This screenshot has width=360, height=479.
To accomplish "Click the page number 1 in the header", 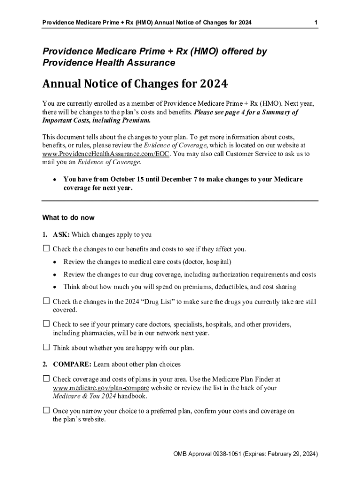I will pyautogui.click(x=317, y=22).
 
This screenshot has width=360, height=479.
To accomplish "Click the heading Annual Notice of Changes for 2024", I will pyautogui.click(x=135, y=85).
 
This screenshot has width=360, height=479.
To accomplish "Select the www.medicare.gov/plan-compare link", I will pyautogui.click(x=101, y=388).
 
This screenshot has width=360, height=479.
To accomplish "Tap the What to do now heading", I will pyautogui.click(x=68, y=218).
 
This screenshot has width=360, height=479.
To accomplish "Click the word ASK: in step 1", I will pyautogui.click(x=61, y=235).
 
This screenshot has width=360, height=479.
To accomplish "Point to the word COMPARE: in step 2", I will pyautogui.click(x=73, y=364).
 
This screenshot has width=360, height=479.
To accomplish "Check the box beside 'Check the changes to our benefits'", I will pyautogui.click(x=46, y=248).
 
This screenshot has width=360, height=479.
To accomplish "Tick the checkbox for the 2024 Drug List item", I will pyautogui.click(x=46, y=302).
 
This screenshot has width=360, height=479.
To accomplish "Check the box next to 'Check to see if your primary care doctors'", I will pyautogui.click(x=46, y=324).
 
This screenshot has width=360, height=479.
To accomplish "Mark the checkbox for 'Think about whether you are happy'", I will pyautogui.click(x=46, y=348).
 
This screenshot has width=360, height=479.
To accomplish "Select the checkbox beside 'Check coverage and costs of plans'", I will pyautogui.click(x=46, y=378).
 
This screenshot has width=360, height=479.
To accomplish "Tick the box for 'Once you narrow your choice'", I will pyautogui.click(x=46, y=411).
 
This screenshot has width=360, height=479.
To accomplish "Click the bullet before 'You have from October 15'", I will pyautogui.click(x=55, y=180).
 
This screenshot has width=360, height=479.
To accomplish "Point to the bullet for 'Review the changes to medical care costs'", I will pyautogui.click(x=55, y=262).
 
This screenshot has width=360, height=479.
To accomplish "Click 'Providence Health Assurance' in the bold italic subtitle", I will pyautogui.click(x=109, y=63).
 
